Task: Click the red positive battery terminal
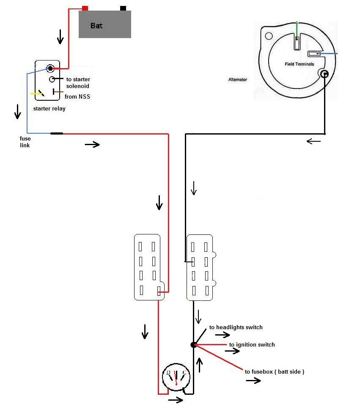[x=85, y=8]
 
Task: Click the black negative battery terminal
[x=123, y=8]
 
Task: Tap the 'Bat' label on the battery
[x=96, y=26]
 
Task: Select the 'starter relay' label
[x=49, y=108]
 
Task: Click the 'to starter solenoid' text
[x=78, y=83]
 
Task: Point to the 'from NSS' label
[x=77, y=96]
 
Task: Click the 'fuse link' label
[x=25, y=142]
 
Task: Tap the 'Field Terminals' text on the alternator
[x=300, y=64]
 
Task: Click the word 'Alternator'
[x=238, y=80]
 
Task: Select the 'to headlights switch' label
[x=236, y=327]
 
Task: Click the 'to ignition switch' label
[x=252, y=345]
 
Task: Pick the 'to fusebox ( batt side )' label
[x=275, y=371]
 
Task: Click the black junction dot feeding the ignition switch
[x=193, y=345]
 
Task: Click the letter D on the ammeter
[x=168, y=372]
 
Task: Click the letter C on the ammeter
[x=184, y=372]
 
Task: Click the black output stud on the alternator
[x=324, y=74]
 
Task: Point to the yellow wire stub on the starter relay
[x=35, y=94]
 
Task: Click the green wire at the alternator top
[x=297, y=30]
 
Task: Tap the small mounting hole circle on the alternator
[x=269, y=36]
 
